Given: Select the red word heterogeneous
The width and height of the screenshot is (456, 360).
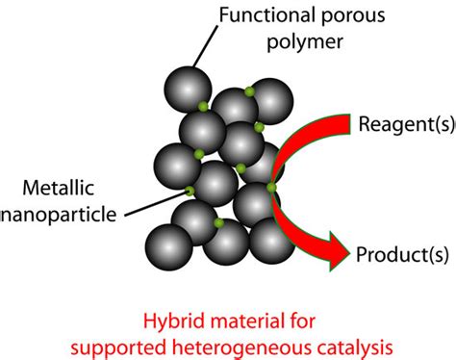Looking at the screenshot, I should click(266, 342).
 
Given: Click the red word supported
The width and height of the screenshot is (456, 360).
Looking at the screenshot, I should click(172, 342).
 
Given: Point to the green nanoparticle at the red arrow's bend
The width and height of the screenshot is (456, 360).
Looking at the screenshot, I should click(271, 187).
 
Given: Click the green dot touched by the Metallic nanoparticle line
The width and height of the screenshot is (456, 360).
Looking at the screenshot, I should click(190, 191).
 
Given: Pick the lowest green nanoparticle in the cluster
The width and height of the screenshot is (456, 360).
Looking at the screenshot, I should click(219, 223).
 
